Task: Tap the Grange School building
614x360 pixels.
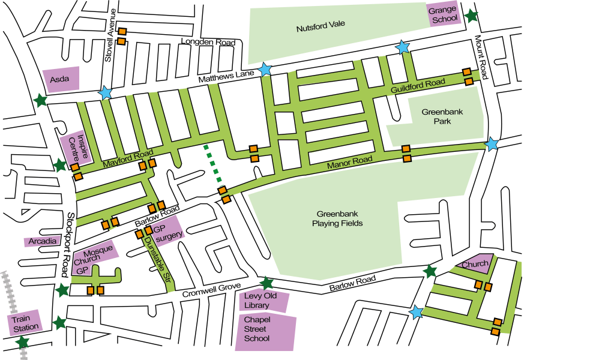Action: tap(444, 14)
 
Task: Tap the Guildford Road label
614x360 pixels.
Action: tap(418, 86)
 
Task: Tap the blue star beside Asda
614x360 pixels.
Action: tap(106, 93)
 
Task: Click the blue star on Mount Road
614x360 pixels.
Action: tap(492, 145)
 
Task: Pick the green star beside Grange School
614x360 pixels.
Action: tap(472, 16)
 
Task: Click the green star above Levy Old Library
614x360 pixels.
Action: tap(267, 283)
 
